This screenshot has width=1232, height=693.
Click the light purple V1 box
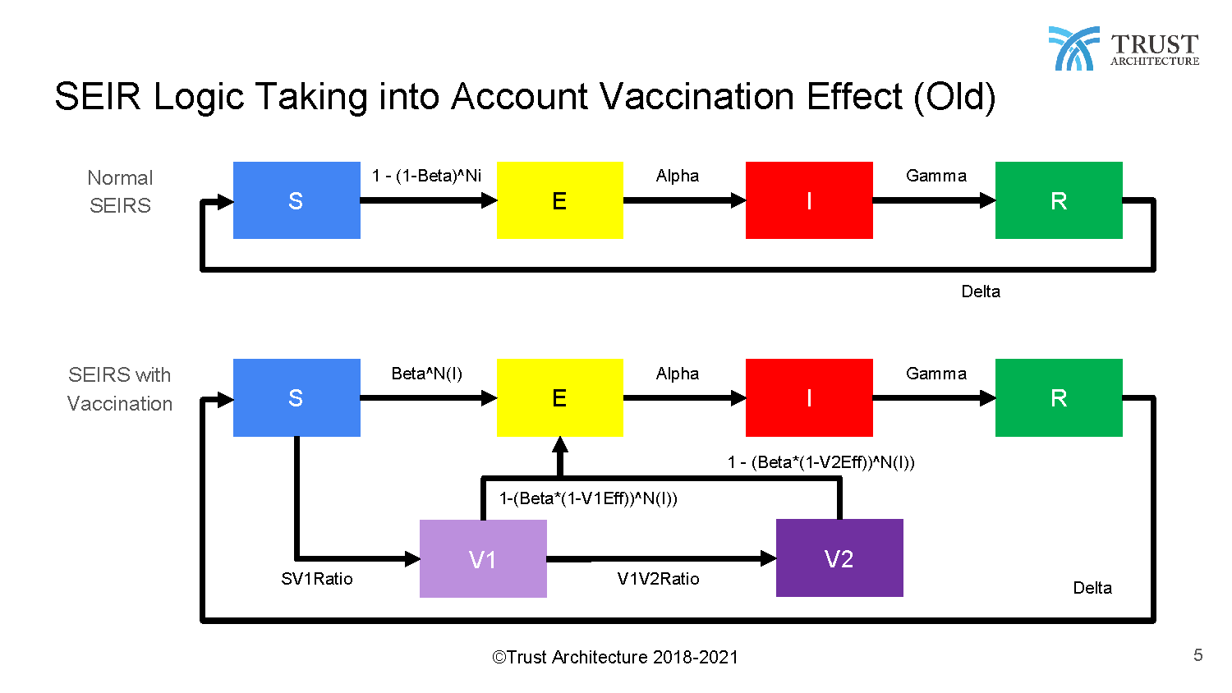(483, 558)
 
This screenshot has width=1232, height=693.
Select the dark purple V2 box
(839, 558)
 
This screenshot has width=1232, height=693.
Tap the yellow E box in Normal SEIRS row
(560, 200)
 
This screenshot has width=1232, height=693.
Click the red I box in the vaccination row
(809, 397)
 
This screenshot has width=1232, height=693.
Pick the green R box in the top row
(1059, 200)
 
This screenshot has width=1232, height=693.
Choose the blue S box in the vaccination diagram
(297, 397)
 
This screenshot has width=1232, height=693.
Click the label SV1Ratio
(317, 579)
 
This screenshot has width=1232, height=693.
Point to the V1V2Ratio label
(659, 579)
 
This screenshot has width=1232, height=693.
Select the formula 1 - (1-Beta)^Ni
(426, 176)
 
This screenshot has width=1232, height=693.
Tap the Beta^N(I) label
(426, 374)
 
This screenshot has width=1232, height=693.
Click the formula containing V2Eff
(821, 462)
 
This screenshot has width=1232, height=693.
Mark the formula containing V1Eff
(588, 498)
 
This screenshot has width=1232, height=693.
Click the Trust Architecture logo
(1124, 48)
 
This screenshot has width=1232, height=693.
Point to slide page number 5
(1198, 655)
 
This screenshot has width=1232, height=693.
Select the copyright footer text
(615, 657)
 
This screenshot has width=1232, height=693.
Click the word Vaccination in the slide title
(696, 97)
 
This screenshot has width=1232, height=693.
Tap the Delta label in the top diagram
(981, 291)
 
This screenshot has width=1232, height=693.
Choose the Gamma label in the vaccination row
(936, 374)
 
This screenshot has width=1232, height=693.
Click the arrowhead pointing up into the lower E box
(560, 445)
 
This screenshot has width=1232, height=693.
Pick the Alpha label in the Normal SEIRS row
(677, 176)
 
